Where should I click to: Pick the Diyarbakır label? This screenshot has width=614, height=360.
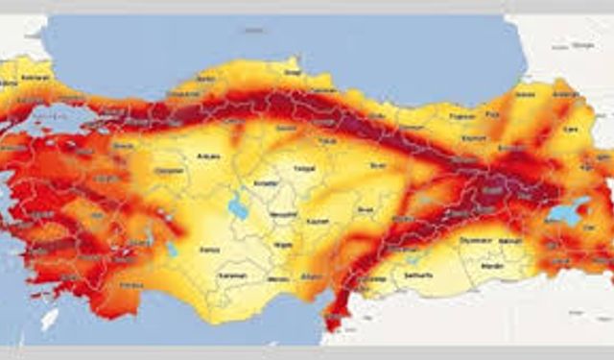(476, 241)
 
